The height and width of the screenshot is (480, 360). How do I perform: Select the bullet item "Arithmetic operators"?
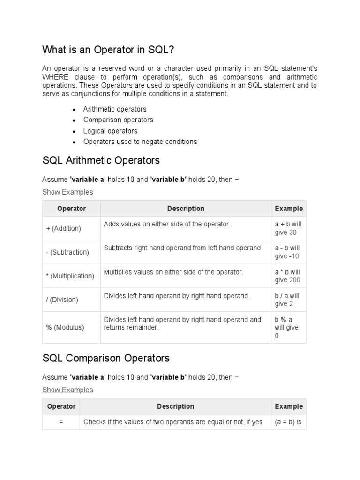pos(115,109)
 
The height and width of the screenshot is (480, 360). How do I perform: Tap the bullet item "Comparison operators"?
pos(118,120)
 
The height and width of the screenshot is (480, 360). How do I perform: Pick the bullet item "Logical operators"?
pos(110,131)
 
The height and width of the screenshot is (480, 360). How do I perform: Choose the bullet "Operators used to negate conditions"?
pos(140,142)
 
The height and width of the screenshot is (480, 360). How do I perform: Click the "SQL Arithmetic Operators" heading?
pos(101,160)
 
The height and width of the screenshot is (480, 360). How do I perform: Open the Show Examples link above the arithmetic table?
pos(67,192)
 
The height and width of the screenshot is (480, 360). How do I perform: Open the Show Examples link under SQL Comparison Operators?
pos(67,390)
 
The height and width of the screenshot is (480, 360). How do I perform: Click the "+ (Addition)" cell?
pos(63,228)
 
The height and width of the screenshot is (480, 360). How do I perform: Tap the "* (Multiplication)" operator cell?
pos(70,276)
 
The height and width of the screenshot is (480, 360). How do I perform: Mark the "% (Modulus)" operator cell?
pos(65,328)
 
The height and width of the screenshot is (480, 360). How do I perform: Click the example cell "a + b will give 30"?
pos(287,228)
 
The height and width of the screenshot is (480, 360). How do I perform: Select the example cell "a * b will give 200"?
pos(287,276)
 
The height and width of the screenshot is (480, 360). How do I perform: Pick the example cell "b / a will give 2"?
pos(287,300)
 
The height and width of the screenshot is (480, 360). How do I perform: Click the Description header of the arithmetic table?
pos(186,209)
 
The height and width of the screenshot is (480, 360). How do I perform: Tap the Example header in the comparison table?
pos(289,406)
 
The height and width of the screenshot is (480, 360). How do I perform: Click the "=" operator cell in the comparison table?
pos(61,422)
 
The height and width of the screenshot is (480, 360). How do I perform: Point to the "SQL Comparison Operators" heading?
pos(106,358)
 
